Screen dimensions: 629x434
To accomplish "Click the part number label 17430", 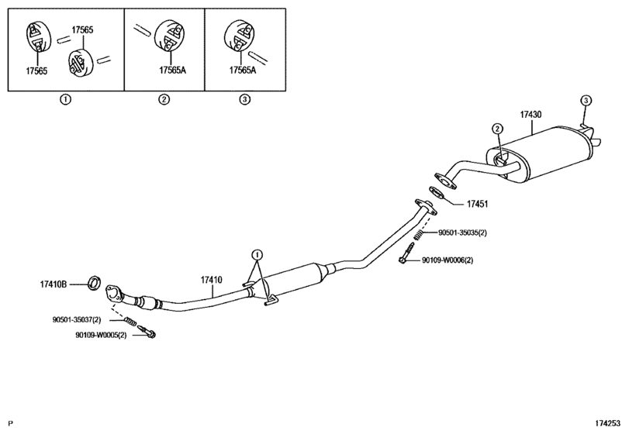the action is tap(531, 115).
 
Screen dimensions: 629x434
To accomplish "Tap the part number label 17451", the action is tap(477, 204).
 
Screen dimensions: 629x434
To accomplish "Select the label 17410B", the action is tap(53, 284).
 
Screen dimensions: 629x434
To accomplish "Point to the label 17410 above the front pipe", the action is tap(212, 280).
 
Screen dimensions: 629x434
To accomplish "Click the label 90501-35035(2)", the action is tap(462, 232).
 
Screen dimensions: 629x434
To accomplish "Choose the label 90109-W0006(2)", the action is tap(448, 260).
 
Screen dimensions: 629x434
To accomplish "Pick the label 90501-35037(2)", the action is tap(77, 320).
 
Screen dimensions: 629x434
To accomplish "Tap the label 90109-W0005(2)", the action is tap(101, 335).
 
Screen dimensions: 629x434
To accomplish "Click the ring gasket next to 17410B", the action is tap(95, 282).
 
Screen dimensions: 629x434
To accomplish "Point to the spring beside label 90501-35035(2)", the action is tap(418, 235).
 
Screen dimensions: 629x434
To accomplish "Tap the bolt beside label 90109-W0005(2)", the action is tap(147, 332).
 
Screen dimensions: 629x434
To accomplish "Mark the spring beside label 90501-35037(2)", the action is tap(130, 321).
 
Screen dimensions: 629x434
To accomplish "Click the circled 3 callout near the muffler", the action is tap(586, 100).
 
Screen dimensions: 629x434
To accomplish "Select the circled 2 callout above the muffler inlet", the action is tap(497, 129).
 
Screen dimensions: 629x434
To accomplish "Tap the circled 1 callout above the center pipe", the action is tap(257, 254).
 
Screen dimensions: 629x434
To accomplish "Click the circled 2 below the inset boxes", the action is tap(164, 99).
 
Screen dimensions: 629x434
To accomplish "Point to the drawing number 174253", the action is tap(607, 423).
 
